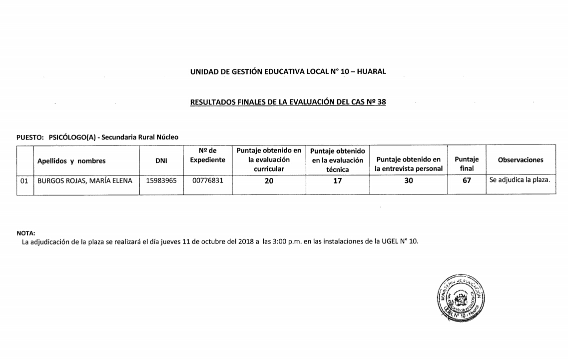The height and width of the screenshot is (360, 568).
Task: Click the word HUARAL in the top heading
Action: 371,71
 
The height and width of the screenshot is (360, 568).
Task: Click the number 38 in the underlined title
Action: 382,102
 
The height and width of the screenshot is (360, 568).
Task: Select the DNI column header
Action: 161,160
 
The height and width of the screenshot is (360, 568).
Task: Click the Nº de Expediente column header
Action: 208,155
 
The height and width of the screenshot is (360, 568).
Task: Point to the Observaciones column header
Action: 521,160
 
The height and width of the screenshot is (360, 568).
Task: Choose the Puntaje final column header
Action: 467,164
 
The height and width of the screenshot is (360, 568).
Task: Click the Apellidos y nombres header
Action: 71,161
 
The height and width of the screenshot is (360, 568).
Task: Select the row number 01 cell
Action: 24,181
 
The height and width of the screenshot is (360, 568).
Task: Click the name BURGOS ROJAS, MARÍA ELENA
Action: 85,181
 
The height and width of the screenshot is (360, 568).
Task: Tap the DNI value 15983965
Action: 161,181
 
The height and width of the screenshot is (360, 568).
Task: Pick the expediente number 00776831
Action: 208,181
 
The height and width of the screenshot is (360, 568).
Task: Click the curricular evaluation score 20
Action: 269,181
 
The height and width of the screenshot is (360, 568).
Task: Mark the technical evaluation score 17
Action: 338,181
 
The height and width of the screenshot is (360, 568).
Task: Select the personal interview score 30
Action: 409,181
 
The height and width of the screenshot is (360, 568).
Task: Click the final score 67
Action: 467,181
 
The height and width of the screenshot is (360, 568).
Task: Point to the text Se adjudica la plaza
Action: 520,180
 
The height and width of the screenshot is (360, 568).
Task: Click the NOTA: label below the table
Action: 26,233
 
